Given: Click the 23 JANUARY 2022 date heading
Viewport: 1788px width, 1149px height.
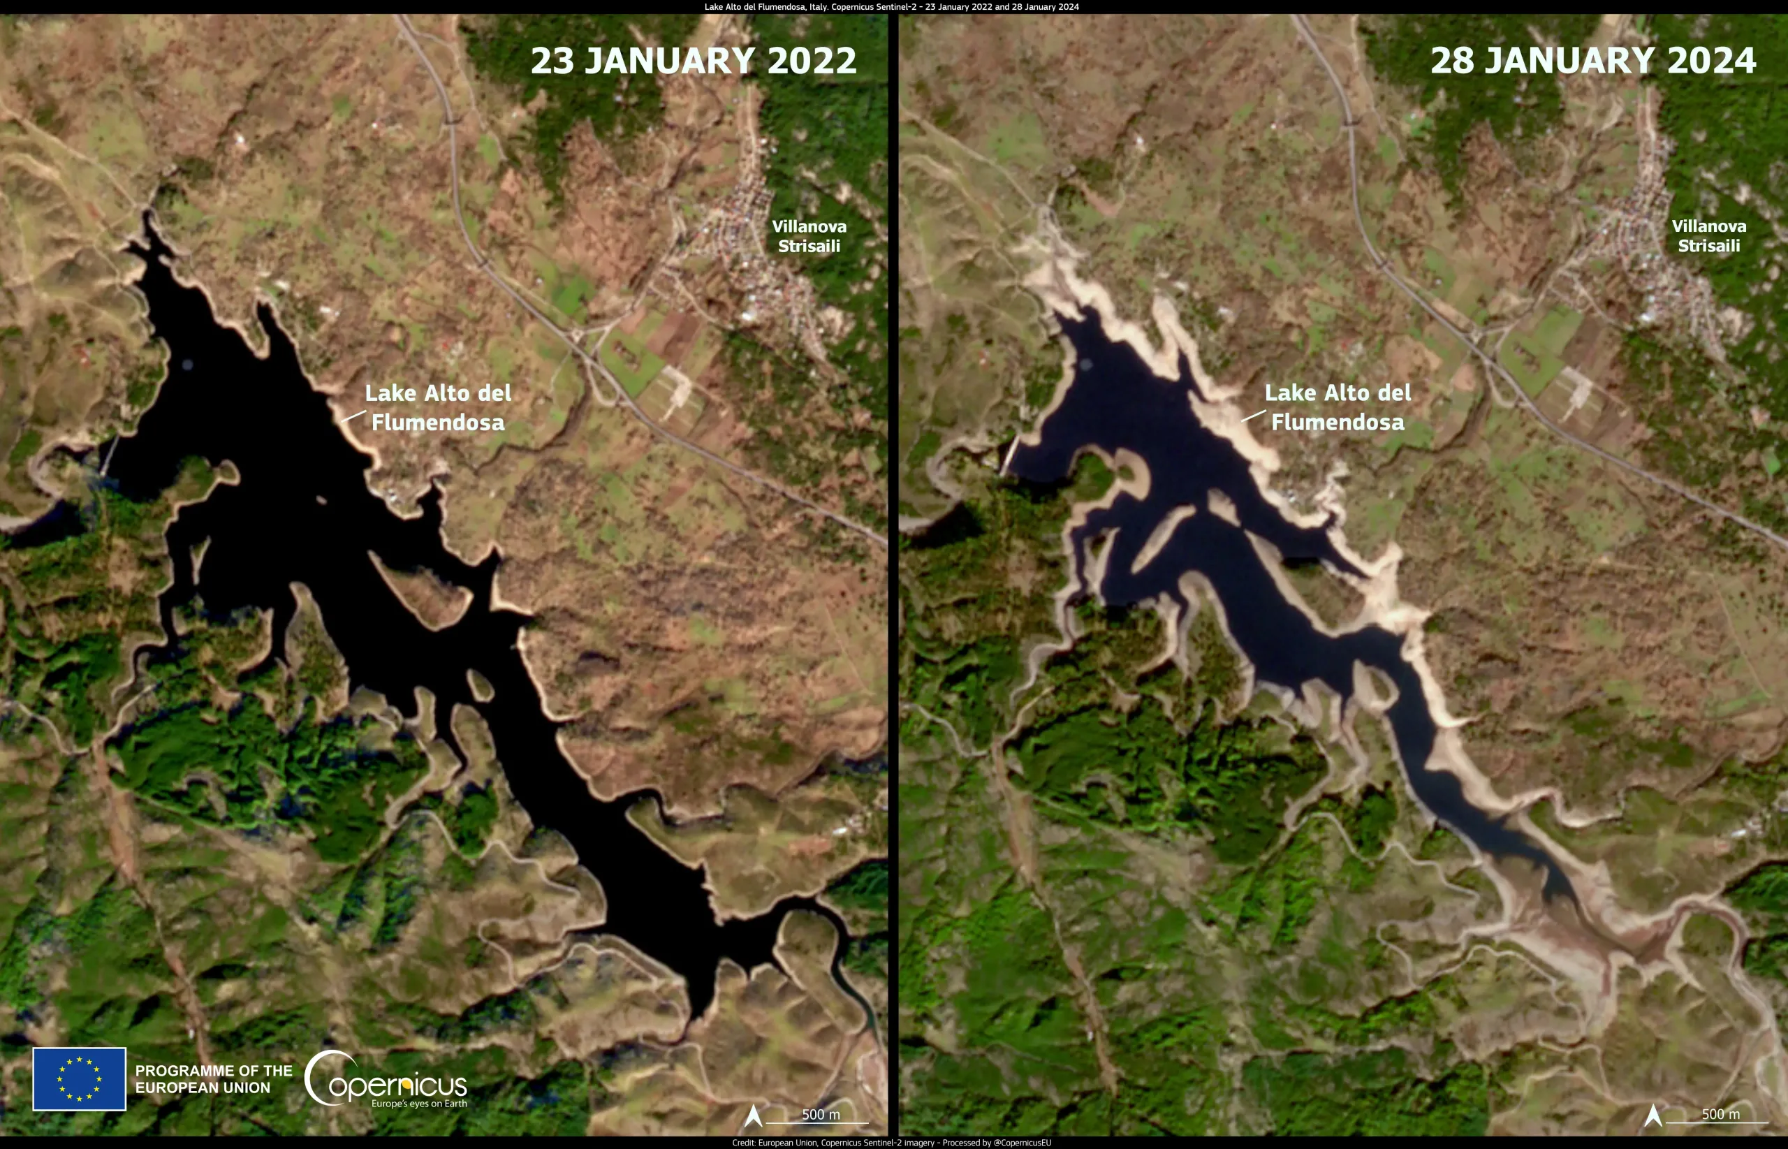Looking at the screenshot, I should pos(693,61).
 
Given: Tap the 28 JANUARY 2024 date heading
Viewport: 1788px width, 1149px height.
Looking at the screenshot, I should pos(1592,61).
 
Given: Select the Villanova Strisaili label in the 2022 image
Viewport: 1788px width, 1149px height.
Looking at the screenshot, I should pos(809,236).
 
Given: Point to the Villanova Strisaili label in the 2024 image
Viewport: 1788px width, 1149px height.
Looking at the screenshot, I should pos(1708,236).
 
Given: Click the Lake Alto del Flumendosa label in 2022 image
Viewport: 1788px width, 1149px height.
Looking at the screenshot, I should pos(438,407).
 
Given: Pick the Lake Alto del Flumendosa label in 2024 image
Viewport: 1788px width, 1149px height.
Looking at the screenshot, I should pos(1338,407).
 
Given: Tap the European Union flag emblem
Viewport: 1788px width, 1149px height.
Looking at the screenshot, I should pos(79,1079).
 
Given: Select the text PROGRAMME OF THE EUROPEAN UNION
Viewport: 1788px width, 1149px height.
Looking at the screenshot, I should pos(213,1079).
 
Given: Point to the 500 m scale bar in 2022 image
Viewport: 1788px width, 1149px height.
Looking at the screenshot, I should pos(819,1117).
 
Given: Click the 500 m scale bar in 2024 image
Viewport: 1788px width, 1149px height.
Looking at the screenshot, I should pos(1719,1117).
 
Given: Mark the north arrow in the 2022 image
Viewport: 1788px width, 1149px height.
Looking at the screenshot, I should pos(754,1115).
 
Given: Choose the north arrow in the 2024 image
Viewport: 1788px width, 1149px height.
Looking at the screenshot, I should pos(1653,1115).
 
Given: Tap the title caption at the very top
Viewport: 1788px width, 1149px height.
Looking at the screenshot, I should pos(891,7).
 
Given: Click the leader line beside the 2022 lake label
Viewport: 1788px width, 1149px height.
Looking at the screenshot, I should pos(353,416).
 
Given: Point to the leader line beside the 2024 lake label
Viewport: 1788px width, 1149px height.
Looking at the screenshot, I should pos(1253,416).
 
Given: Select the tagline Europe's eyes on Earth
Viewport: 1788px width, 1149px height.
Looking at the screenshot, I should pos(419,1104).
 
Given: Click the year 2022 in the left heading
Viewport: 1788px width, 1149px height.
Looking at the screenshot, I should pos(812,61).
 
